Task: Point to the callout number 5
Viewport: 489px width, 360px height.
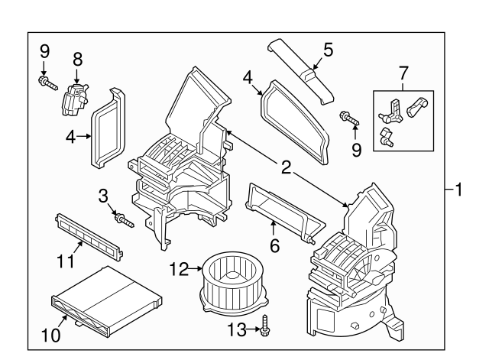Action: click(x=328, y=50)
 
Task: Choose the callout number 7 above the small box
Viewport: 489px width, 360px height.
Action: click(x=403, y=74)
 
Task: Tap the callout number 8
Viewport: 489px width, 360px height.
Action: click(x=76, y=58)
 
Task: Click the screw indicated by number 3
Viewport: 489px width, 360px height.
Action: click(x=123, y=220)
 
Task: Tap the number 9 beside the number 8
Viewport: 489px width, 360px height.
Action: click(x=44, y=51)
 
